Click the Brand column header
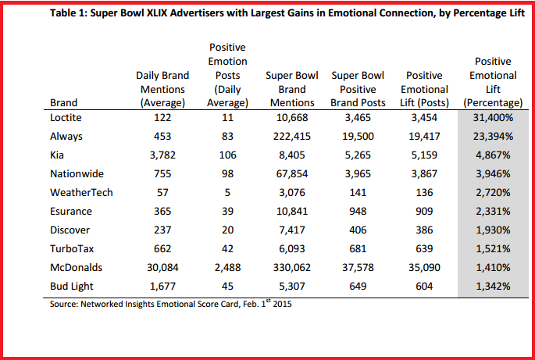click(x=63, y=102)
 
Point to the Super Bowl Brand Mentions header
click(x=290, y=89)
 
